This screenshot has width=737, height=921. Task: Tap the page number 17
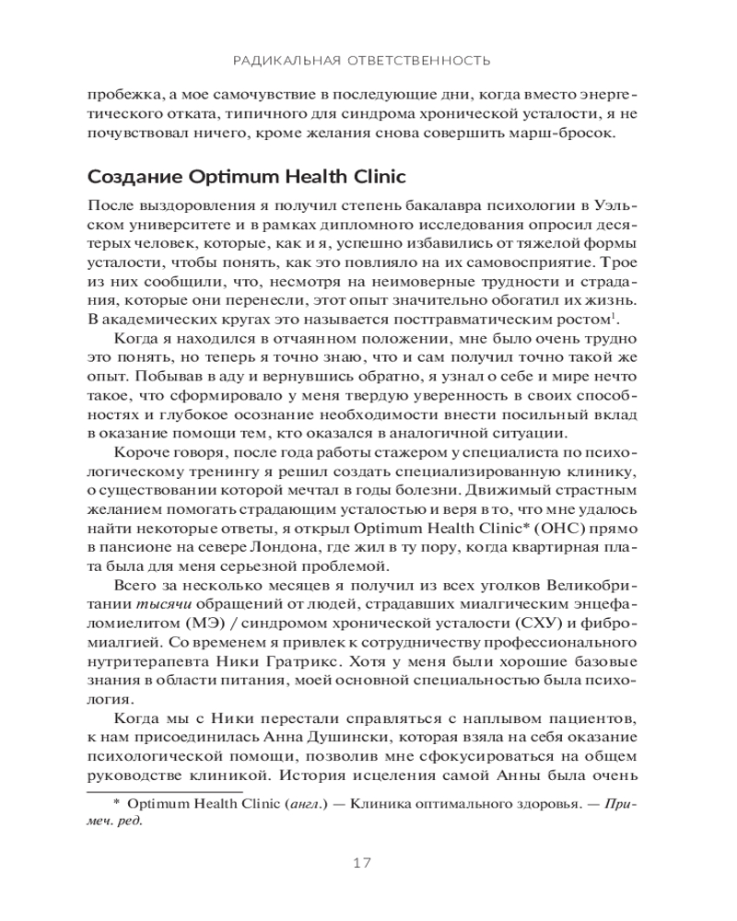[361, 863]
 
